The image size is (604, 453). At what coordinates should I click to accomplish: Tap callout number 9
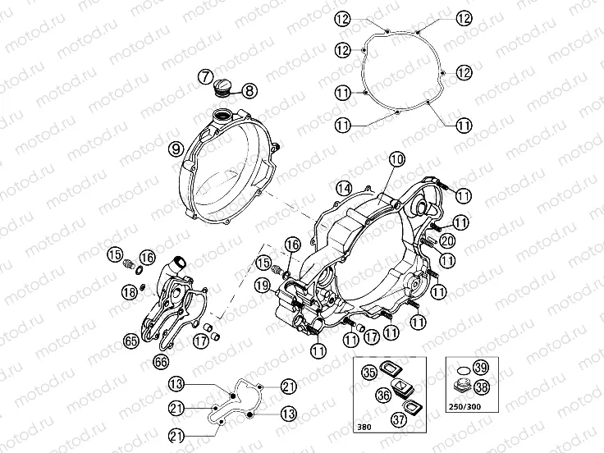pyautogui.click(x=175, y=149)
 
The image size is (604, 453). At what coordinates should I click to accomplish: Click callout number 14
pyautogui.click(x=343, y=190)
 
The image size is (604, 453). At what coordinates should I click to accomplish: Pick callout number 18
pyautogui.click(x=129, y=291)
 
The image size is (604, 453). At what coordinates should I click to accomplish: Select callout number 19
pyautogui.click(x=263, y=286)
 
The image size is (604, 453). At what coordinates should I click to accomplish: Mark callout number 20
pyautogui.click(x=446, y=240)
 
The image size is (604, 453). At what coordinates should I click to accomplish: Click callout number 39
pyautogui.click(x=482, y=367)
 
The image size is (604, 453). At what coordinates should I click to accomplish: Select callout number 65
pyautogui.click(x=130, y=341)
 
